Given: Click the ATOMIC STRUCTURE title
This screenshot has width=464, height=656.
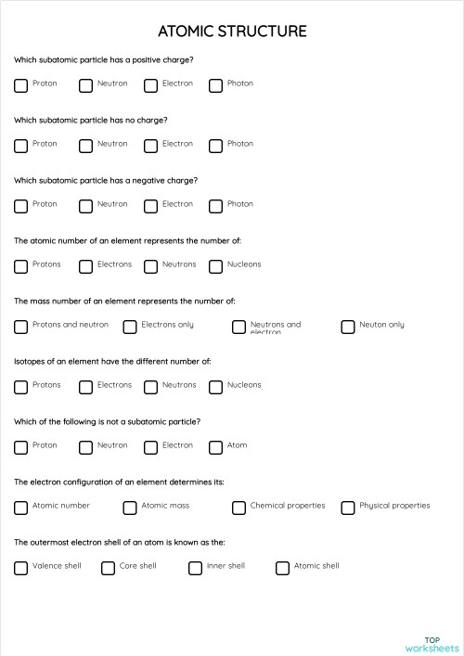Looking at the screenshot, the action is click(232, 32).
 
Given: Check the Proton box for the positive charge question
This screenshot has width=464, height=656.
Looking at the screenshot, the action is click(20, 85).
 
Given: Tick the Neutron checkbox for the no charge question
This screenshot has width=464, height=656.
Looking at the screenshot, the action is click(85, 146).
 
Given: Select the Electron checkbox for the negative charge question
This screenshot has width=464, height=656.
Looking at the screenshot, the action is click(150, 206).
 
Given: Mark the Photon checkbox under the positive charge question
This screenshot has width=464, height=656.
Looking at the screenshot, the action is click(215, 85).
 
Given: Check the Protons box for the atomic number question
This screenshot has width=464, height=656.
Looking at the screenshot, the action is click(20, 266).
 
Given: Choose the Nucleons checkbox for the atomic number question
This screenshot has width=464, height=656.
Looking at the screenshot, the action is click(215, 266).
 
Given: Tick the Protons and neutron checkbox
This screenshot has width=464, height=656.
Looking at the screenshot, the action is click(20, 327).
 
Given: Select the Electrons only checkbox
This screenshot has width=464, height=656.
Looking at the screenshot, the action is click(130, 327).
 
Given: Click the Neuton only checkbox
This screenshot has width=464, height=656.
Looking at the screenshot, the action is click(348, 327).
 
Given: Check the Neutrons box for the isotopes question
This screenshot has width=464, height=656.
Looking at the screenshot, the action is click(150, 387).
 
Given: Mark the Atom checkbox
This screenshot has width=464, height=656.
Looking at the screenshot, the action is click(215, 447).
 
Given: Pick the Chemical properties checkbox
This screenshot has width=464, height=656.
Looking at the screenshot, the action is click(238, 508).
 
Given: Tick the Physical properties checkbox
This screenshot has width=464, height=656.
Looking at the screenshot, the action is click(348, 508).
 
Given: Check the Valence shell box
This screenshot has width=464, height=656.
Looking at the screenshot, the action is click(20, 568).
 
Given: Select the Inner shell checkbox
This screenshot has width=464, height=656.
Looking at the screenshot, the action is click(195, 568).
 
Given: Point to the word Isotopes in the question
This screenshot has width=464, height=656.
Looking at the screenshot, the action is click(31, 361).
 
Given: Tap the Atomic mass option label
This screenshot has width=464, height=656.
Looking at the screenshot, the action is click(165, 506).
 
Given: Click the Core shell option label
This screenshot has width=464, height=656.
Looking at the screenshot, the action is click(137, 566).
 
